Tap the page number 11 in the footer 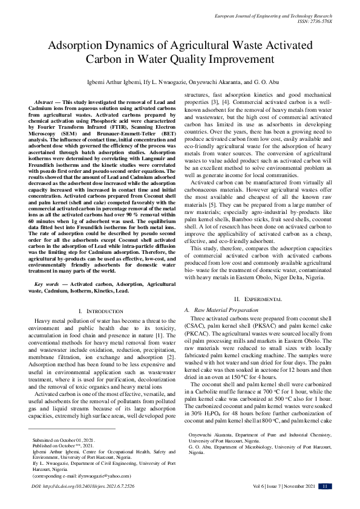[325, 503]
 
